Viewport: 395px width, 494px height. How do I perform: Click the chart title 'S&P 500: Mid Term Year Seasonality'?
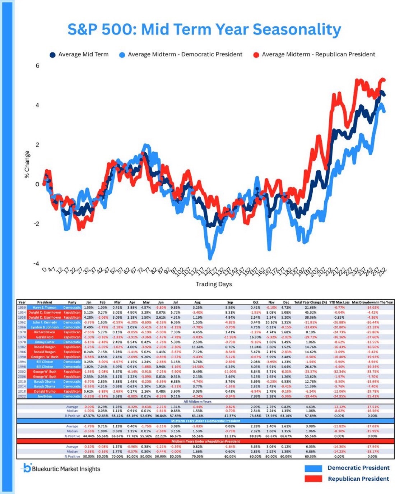pos(204,29)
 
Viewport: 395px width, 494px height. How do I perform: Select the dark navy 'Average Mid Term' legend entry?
pos(79,55)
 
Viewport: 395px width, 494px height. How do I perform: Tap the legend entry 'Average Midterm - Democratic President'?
pos(181,55)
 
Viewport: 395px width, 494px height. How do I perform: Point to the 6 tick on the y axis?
pos(37,66)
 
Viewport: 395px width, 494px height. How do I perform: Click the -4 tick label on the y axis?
pos(36,263)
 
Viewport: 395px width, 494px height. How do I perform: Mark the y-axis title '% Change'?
pos(27,164)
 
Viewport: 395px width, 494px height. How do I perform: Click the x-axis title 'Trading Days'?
pos(214,284)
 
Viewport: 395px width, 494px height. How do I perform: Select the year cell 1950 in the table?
pos(22,308)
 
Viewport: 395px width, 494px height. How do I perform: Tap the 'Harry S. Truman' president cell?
pos(45,308)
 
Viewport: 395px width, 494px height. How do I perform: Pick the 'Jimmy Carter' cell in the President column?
pos(45,342)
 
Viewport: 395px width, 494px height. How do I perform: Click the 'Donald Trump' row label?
pos(45,391)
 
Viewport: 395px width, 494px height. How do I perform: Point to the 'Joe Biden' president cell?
pos(45,396)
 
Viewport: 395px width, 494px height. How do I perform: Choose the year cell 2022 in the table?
pos(22,396)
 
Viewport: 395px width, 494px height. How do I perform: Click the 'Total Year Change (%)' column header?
pos(310,303)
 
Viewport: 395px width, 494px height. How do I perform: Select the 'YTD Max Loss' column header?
pos(339,303)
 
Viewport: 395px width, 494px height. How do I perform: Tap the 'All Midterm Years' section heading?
pos(197,402)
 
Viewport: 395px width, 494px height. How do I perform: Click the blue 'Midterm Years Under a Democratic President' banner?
pos(205,421)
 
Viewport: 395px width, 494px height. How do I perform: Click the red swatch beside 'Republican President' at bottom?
pos(313,479)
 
